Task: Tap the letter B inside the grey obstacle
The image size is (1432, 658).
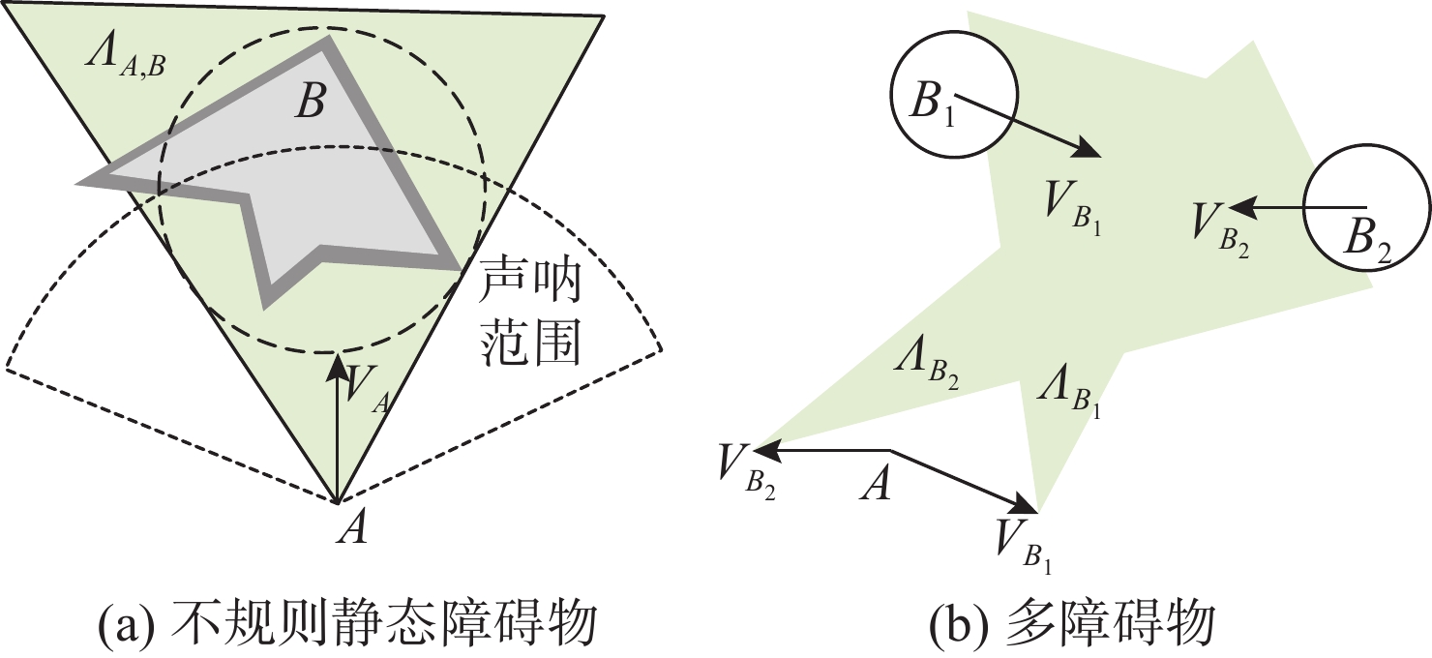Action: tap(310, 102)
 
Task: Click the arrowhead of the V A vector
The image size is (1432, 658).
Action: tap(337, 366)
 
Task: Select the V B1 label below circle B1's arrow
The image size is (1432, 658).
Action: tap(1074, 205)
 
